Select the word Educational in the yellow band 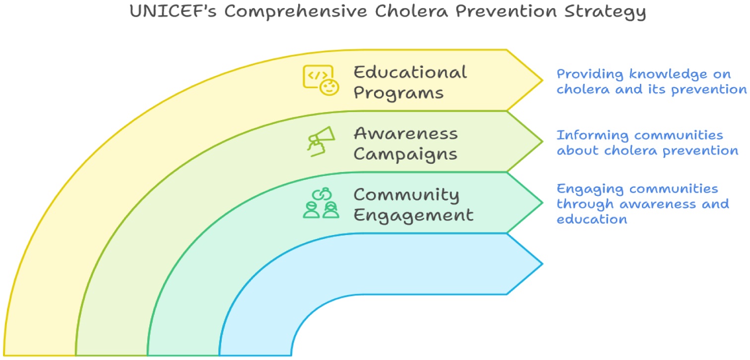click(410, 72)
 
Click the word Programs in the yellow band click(398, 93)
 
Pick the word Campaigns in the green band click(405, 154)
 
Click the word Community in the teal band click(406, 195)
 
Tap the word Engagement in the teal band click(413, 216)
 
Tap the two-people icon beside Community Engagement click(321, 203)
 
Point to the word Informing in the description click(592, 135)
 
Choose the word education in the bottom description click(592, 219)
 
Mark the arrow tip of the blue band click(542, 263)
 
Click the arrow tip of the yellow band click(542, 80)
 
